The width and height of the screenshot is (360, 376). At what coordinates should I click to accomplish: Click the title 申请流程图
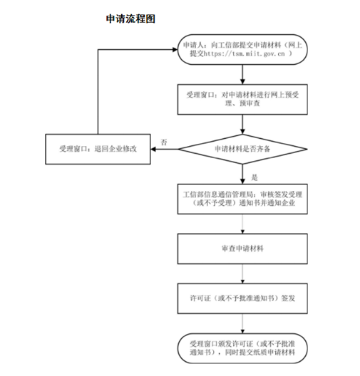point(130,16)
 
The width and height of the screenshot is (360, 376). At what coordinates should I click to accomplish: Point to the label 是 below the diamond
point(254,175)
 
